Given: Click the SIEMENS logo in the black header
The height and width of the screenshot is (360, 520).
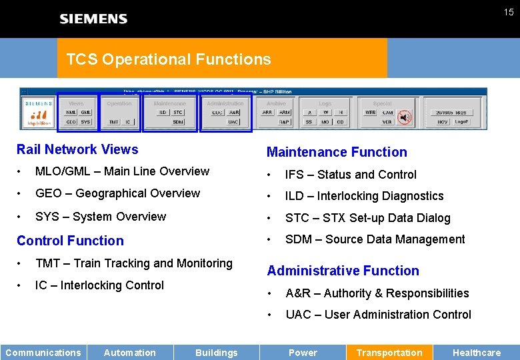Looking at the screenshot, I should point(93,19).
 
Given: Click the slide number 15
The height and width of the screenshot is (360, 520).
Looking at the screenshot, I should point(509,13).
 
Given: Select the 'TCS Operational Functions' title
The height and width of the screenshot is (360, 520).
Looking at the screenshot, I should point(169,59).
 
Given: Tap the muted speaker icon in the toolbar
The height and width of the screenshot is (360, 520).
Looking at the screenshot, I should point(404,117).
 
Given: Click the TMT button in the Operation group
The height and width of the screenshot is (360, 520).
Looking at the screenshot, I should point(113,122).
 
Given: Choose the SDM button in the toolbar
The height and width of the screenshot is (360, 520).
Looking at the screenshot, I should point(178,122).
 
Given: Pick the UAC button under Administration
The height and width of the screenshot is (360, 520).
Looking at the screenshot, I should point(233,122).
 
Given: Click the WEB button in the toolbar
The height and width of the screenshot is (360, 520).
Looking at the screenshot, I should point(370,113).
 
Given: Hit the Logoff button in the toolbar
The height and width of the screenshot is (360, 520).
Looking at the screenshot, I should point(461,122).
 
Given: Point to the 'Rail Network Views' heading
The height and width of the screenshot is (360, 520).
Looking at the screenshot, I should point(77,149).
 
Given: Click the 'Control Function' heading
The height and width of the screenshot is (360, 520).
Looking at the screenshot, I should point(70,241).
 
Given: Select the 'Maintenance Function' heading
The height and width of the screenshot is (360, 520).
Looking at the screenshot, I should point(337,152).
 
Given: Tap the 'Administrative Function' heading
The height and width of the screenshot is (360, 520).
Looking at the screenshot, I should point(343,271).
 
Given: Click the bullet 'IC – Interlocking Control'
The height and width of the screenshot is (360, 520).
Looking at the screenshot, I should point(99,285).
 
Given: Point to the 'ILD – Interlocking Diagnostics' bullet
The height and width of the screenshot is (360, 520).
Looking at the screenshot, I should point(364,196).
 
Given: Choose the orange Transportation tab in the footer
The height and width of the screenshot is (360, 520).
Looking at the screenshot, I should point(389,353).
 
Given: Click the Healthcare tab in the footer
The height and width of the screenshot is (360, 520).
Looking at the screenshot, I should point(476,353).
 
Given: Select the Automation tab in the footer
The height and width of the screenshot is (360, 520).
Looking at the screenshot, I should point(130,353).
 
